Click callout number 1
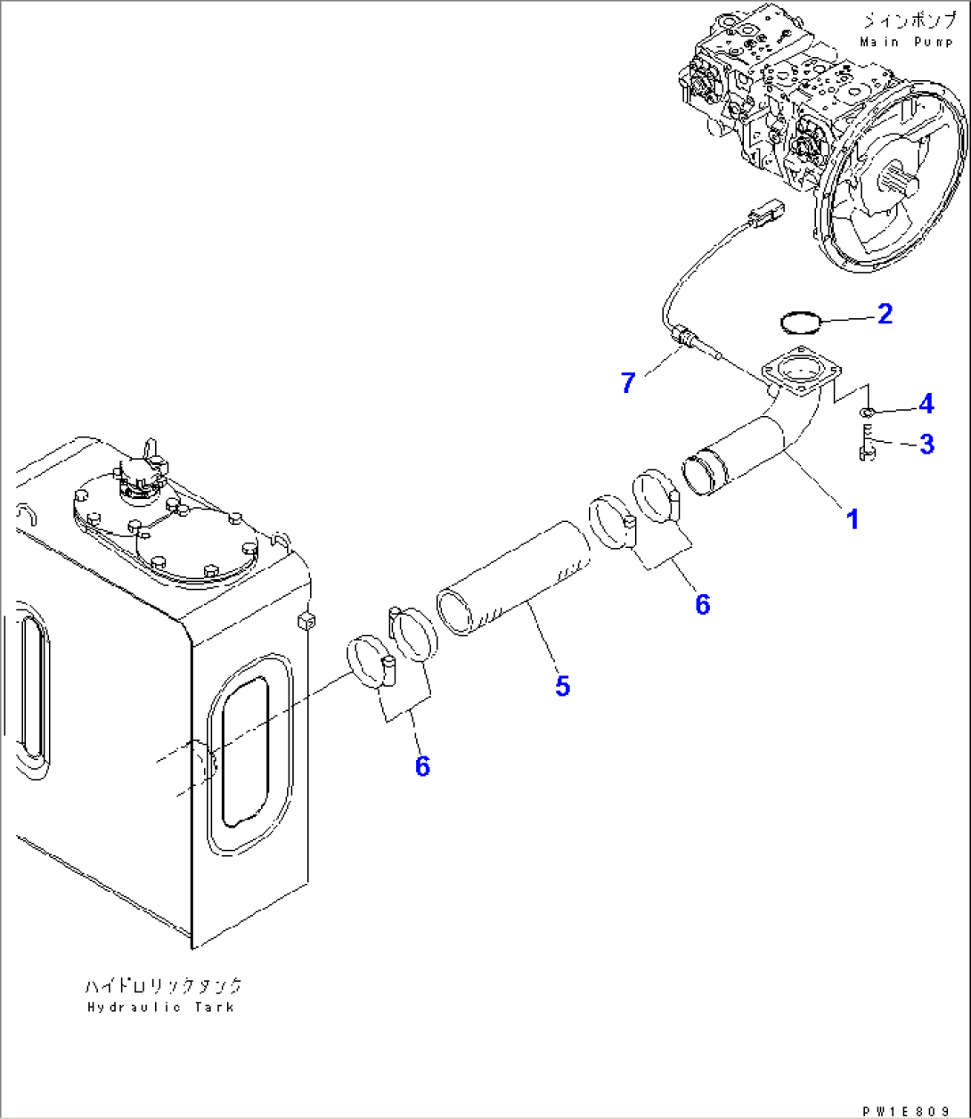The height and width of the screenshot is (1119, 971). (x=852, y=519)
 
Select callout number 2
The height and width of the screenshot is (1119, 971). (x=884, y=314)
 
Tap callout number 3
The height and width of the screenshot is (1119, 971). (x=926, y=444)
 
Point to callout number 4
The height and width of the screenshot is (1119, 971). (x=926, y=404)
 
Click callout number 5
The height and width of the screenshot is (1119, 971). (x=562, y=686)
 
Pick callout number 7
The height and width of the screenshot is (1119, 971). (x=629, y=383)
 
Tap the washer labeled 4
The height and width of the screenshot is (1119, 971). (x=867, y=412)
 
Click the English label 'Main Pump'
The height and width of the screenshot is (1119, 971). (x=907, y=42)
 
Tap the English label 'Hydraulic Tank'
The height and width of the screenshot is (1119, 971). (x=161, y=1007)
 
